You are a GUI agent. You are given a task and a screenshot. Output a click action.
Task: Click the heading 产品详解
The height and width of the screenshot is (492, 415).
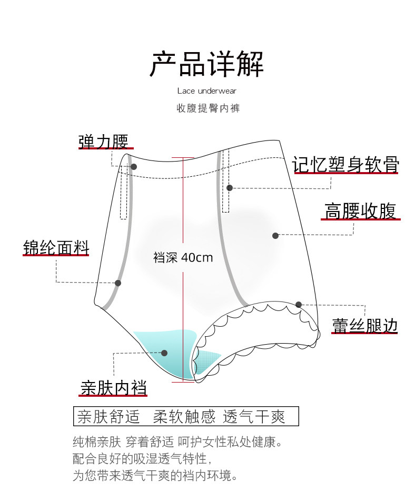[207, 64]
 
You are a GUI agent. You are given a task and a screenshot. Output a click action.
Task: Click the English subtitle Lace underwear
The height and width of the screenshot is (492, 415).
[207, 91]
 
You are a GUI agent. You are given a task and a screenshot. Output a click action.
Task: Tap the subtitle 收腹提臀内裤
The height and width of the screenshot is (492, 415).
[207, 108]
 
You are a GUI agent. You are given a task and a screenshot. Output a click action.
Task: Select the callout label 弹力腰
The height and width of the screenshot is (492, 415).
[103, 141]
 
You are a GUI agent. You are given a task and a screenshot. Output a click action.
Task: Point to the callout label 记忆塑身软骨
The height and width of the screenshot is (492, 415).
[346, 165]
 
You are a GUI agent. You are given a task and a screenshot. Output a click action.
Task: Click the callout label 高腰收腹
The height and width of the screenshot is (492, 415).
[360, 211]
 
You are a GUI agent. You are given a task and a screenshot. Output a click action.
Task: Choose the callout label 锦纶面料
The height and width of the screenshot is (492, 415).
[56, 247]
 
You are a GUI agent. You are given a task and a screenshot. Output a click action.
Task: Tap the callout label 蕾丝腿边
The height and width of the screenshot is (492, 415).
[364, 325]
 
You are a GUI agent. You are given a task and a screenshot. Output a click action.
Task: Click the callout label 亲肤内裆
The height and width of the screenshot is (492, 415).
[114, 387]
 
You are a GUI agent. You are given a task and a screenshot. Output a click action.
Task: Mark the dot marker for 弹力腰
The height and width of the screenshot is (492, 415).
[134, 167]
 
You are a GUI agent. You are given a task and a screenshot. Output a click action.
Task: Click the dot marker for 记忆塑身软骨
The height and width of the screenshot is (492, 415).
[230, 188]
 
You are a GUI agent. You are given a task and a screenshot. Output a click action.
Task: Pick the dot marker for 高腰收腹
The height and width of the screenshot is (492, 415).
[275, 235]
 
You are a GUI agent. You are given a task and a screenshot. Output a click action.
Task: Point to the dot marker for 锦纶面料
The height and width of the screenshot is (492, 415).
[118, 283]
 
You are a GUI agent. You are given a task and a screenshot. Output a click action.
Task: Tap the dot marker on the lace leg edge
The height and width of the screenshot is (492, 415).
[299, 305]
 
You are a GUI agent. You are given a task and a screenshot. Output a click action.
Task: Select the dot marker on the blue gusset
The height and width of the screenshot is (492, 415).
[164, 353]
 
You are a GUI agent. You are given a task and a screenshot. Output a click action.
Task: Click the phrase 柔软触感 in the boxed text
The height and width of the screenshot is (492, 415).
[184, 417]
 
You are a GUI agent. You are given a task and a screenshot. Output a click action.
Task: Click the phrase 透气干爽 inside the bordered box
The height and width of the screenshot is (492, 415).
[254, 417]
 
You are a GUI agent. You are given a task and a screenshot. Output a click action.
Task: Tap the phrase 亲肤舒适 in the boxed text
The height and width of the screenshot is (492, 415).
[108, 417]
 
